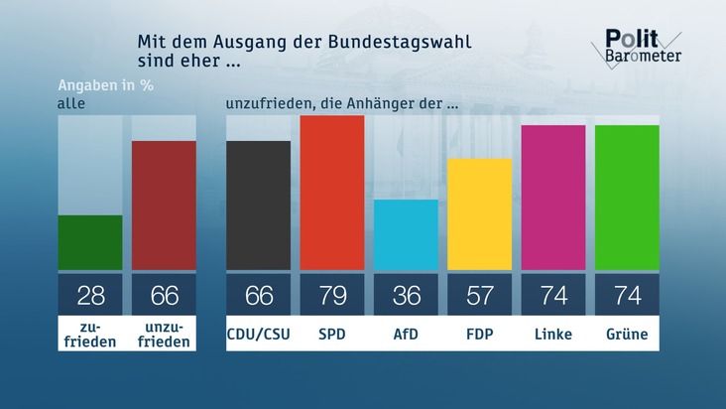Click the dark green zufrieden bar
pyautogui.click(x=90, y=242)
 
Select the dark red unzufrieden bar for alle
pyautogui.click(x=164, y=205)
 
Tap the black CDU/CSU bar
pyautogui.click(x=259, y=205)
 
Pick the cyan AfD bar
pyautogui.click(x=406, y=234)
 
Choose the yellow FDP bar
pyautogui.click(x=480, y=214)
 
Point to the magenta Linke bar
pyautogui.click(x=553, y=198)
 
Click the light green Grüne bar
pyautogui.click(x=627, y=198)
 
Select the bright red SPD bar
pyautogui.click(x=332, y=193)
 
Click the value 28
pyautogui.click(x=90, y=295)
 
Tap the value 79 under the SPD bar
pyautogui.click(x=332, y=295)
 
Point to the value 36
pyautogui.click(x=406, y=295)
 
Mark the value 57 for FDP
pyautogui.click(x=480, y=295)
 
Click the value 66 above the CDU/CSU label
pyautogui.click(x=259, y=295)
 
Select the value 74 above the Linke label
pyautogui.click(x=553, y=295)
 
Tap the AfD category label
pyautogui.click(x=406, y=335)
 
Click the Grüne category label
pyautogui.click(x=627, y=335)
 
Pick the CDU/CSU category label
pyautogui.click(x=259, y=335)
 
